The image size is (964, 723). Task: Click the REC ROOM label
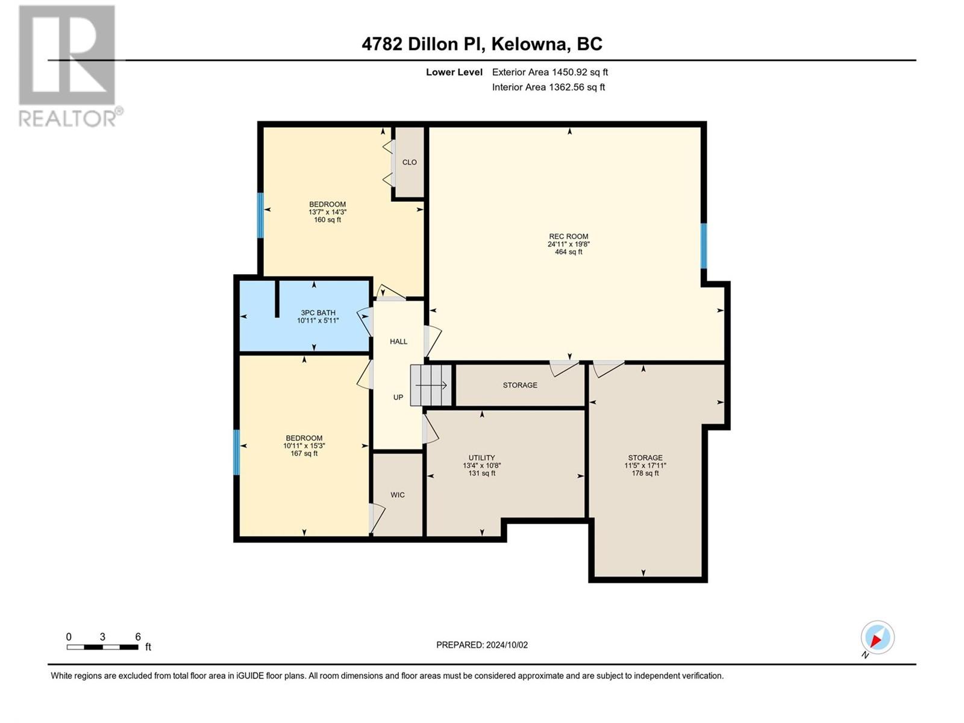pyautogui.click(x=568, y=236)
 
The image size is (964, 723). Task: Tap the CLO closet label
pyautogui.click(x=409, y=163)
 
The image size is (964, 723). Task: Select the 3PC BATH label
pyautogui.click(x=318, y=313)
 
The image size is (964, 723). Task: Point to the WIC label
pyautogui.click(x=398, y=495)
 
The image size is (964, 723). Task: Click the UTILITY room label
pyautogui.click(x=482, y=457)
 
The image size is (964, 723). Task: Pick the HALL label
pyautogui.click(x=398, y=342)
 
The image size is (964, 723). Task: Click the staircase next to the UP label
pyautogui.click(x=431, y=386)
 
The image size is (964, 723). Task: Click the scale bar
pyautogui.click(x=102, y=647)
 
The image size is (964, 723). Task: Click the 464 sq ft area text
pyautogui.click(x=568, y=252)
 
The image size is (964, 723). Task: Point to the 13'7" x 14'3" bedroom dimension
pyautogui.click(x=328, y=212)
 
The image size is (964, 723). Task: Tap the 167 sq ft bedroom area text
pyautogui.click(x=304, y=454)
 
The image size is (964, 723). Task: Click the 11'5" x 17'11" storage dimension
pyautogui.click(x=645, y=465)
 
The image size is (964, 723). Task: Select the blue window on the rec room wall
pyautogui.click(x=704, y=246)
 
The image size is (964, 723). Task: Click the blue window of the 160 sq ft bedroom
pyautogui.click(x=260, y=215)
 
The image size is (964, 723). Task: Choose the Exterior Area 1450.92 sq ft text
pyautogui.click(x=550, y=72)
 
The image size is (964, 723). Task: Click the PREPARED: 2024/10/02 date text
pyautogui.click(x=482, y=645)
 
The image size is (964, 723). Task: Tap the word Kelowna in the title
pyautogui.click(x=528, y=44)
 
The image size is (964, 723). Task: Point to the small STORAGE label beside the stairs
pyautogui.click(x=520, y=385)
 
